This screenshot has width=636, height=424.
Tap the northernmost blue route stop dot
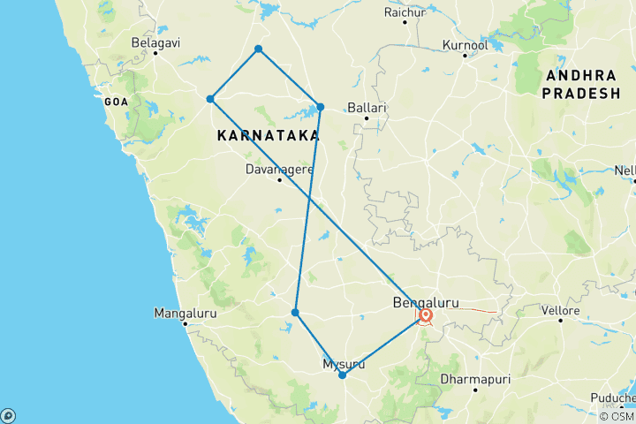click(258, 49)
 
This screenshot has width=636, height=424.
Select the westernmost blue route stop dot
click(210, 99)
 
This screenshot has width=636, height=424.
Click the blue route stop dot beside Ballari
click(321, 107)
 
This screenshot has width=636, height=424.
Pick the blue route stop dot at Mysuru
click(342, 375)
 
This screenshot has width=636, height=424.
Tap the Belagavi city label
click(155, 42)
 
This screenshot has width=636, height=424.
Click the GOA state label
click(117, 102)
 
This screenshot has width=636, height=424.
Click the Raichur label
click(405, 12)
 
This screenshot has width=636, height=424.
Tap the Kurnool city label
click(465, 44)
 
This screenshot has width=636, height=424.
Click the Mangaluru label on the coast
click(185, 313)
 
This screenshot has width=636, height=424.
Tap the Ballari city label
click(367, 108)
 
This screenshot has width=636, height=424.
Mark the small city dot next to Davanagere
click(279, 180)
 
